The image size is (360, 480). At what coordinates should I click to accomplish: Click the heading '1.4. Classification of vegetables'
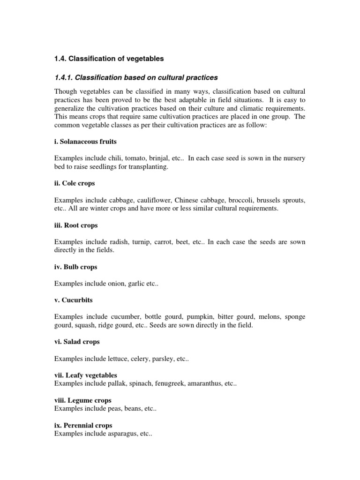pos(109,59)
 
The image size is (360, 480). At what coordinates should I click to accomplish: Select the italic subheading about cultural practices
pos(136,76)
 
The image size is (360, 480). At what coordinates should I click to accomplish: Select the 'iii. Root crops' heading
pos(76,225)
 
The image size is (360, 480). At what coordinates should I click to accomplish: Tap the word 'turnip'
pos(139,242)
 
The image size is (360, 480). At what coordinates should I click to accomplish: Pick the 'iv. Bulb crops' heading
pos(76,267)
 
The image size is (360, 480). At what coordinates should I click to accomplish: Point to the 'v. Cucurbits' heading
pos(73,300)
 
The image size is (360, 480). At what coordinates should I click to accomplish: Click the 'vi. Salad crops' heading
pos(77,342)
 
